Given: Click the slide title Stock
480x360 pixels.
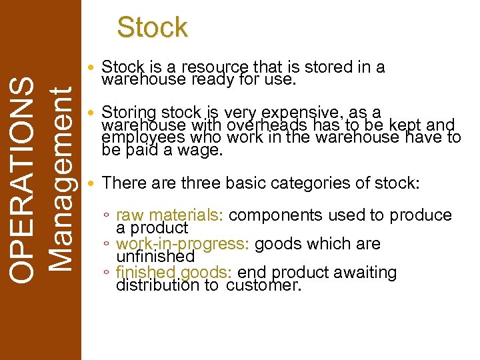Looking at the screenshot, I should point(152,27).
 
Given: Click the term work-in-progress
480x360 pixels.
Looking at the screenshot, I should point(183,244).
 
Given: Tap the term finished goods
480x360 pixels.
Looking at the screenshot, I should point(174,273).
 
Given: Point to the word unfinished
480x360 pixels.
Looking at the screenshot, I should point(155,256).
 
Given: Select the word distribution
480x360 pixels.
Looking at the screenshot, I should point(157,285).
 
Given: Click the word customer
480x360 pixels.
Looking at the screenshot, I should point(264,285).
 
